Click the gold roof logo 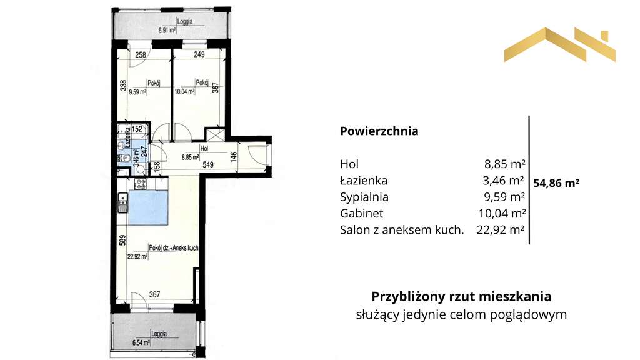(559, 45)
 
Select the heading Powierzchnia (379, 132)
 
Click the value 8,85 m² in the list (504, 164)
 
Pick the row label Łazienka (364, 181)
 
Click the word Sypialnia (364, 197)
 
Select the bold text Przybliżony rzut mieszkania (461, 296)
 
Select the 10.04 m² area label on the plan (184, 91)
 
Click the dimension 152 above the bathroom (139, 129)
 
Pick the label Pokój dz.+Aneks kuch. (174, 247)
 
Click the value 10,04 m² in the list (501, 213)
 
